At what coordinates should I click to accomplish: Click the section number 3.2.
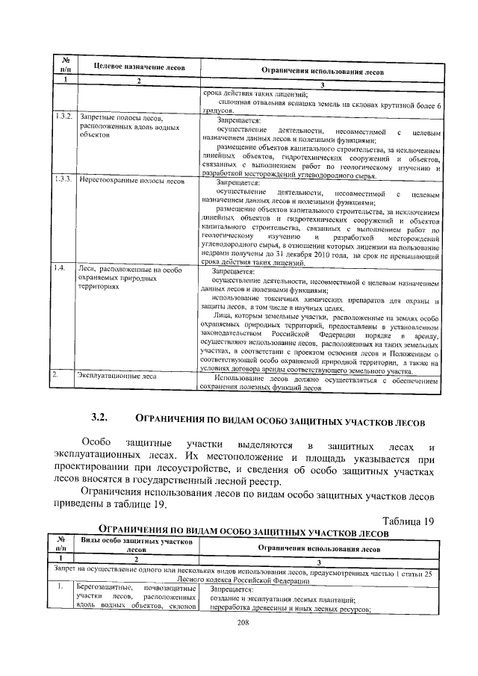(x=100, y=417)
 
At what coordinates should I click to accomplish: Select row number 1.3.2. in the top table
(x=63, y=118)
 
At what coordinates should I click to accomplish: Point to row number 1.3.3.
(x=63, y=181)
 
